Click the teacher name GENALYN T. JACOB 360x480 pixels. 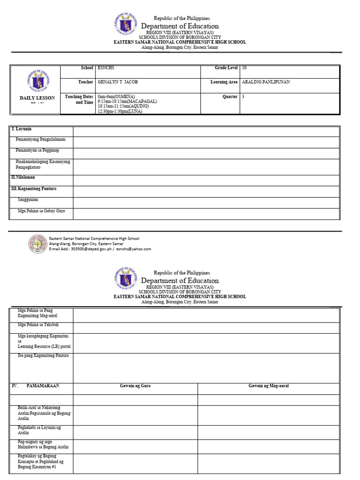(x=118, y=82)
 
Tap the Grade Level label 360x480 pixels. (x=226, y=68)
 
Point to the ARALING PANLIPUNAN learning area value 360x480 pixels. (x=266, y=82)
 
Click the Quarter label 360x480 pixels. (x=230, y=97)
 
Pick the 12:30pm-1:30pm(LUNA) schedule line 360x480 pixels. (x=120, y=112)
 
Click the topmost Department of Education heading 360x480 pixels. (x=180, y=26)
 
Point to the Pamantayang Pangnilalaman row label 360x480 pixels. (x=41, y=139)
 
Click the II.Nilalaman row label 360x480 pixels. (x=23, y=178)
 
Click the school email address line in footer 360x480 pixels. (x=100, y=249)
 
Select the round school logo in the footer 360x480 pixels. (x=38, y=244)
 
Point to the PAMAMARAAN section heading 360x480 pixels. (x=43, y=386)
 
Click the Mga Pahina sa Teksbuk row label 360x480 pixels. (x=38, y=324)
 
